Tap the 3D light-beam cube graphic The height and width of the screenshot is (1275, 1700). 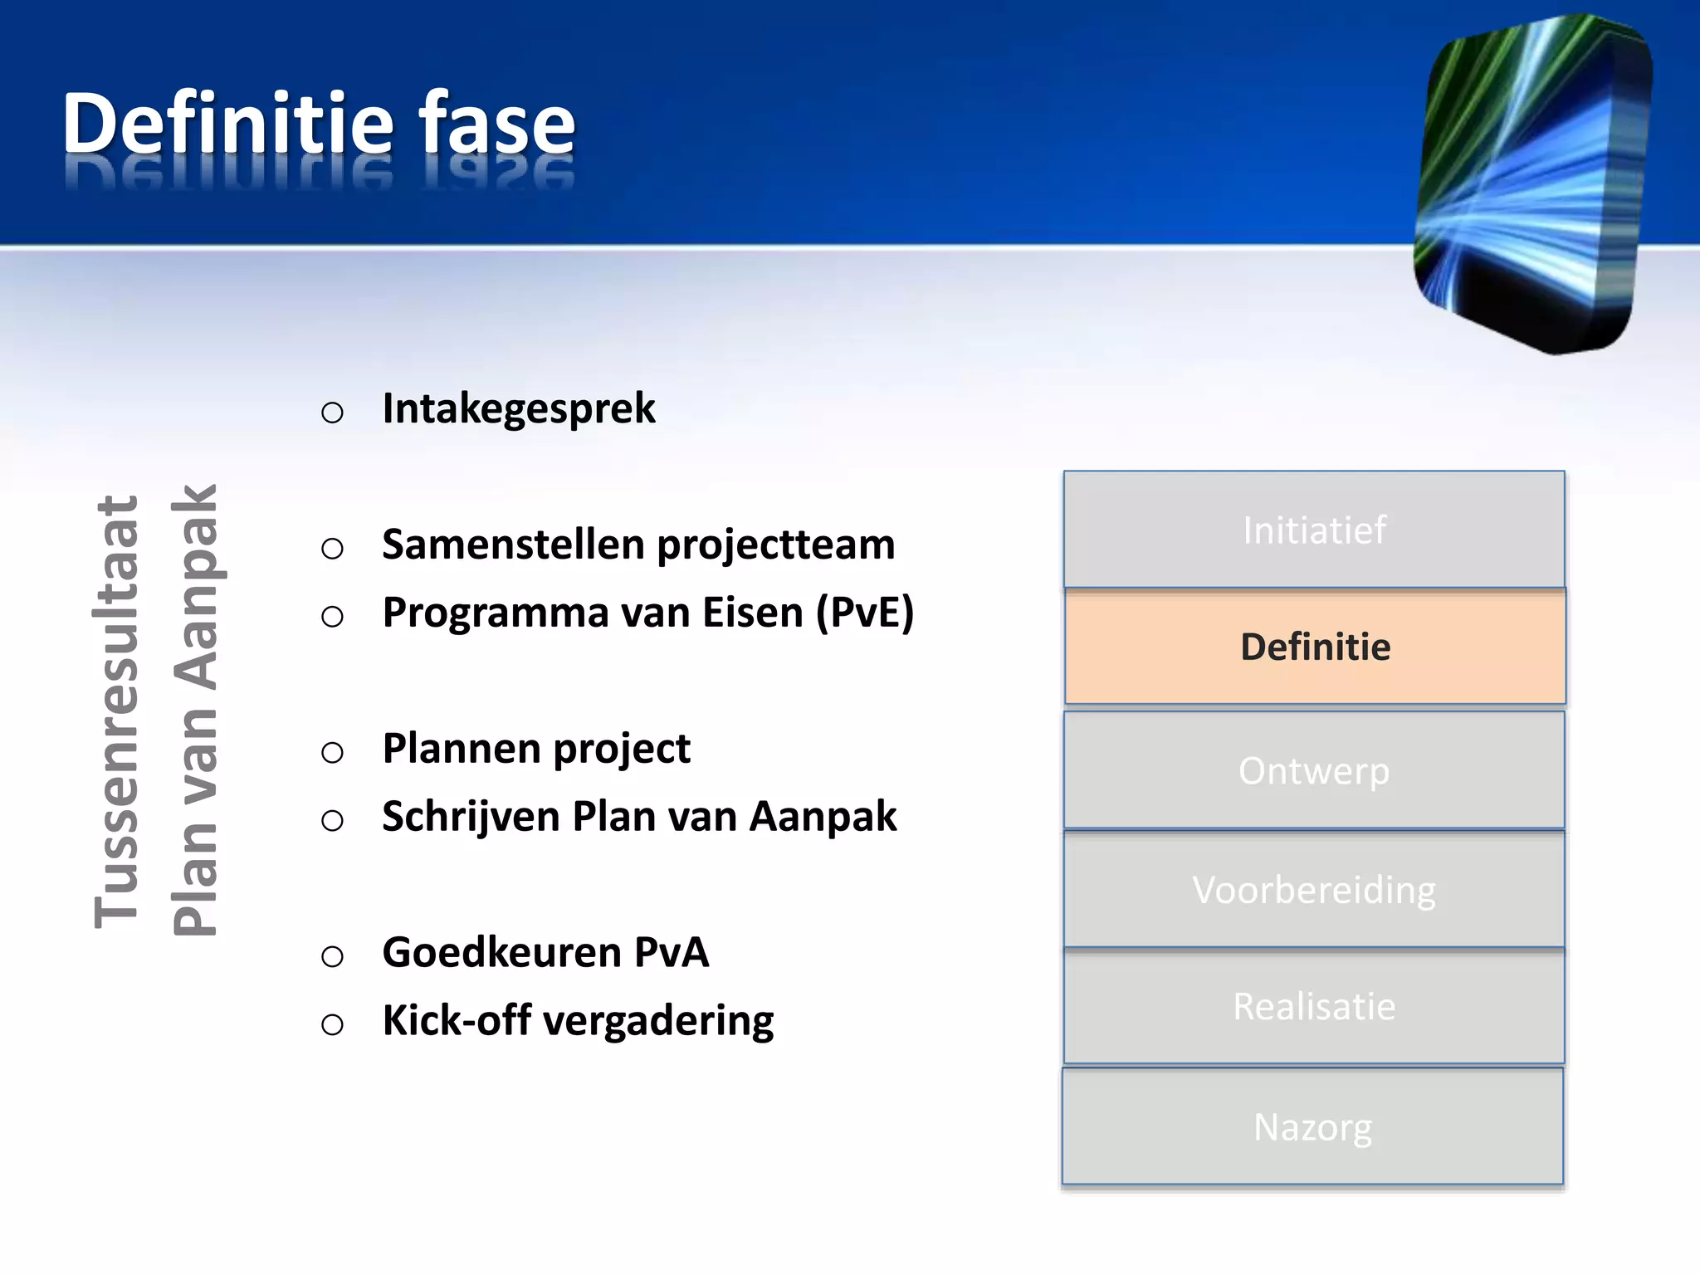coord(1531,183)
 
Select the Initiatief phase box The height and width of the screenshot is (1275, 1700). coord(1314,530)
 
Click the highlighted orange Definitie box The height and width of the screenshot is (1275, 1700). coord(1315,647)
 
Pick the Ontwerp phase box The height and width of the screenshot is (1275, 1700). coord(1314,770)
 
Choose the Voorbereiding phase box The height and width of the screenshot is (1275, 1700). coord(1314,890)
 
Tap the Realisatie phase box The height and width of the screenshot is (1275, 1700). coord(1314,1007)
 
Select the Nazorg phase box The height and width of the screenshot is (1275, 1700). coord(1312,1127)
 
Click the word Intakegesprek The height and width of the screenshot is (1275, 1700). coord(519,409)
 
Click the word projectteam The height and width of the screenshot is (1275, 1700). coord(776,546)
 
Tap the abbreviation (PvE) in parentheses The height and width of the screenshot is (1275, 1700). coord(864,613)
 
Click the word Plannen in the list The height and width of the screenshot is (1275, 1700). coord(461,750)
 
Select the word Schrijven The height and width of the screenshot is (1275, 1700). coord(471,818)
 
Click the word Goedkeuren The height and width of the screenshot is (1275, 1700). coord(501,953)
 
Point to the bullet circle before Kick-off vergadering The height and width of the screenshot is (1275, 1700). coord(332,1024)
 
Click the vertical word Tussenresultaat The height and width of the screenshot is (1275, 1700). coord(116,711)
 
